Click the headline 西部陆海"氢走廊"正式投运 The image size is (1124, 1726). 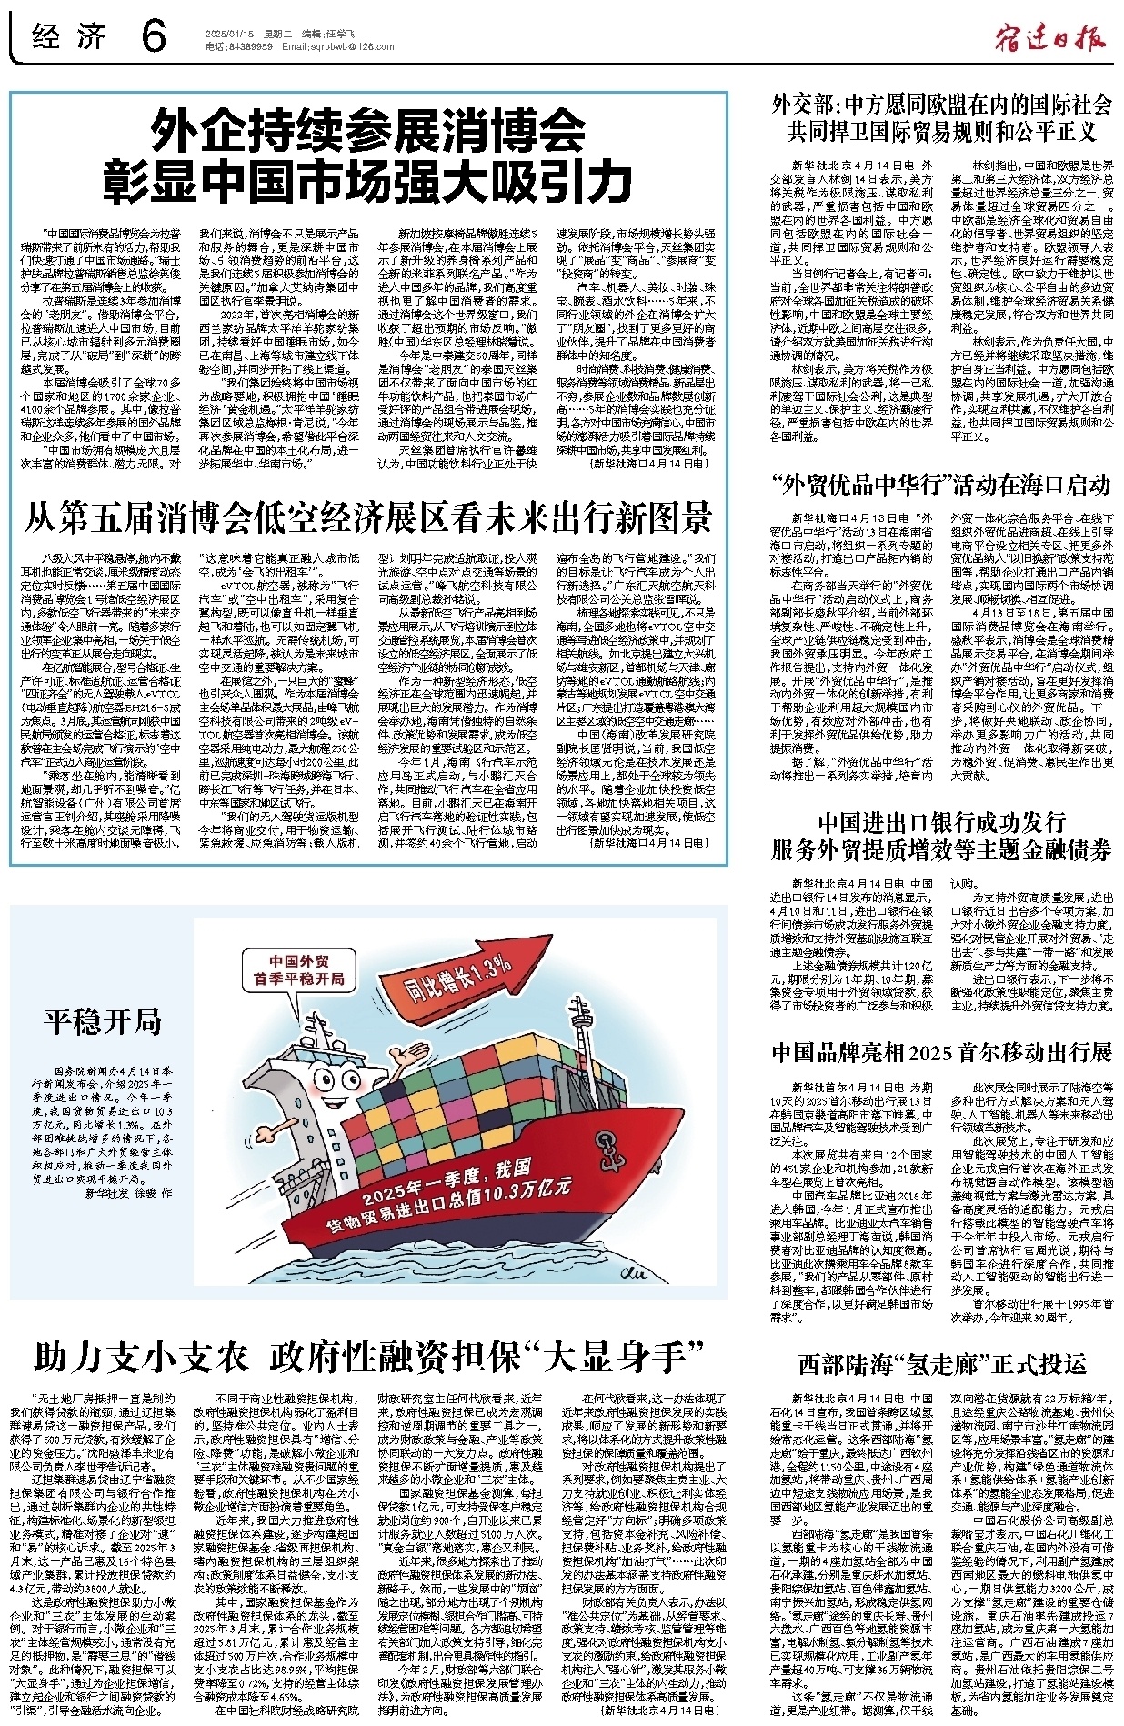[942, 1363]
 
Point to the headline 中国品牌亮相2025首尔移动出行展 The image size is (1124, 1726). [941, 1052]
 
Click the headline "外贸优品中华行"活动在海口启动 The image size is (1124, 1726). [940, 483]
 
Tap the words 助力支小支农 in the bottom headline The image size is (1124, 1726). [141, 1357]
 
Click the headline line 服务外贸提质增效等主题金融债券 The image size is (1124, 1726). [941, 850]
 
